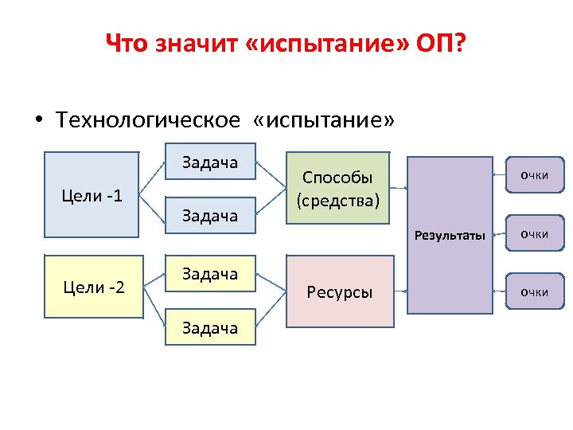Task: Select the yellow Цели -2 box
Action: coord(92,287)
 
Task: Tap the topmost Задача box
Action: coord(210,163)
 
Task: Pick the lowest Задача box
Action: coord(210,327)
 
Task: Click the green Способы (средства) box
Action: coord(338,189)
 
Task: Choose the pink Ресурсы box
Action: coord(340,291)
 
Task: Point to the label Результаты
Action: coord(450,234)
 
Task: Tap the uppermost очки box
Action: coord(534,175)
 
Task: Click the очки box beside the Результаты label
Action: coord(534,234)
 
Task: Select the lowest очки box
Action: coord(534,292)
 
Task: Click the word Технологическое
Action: coord(147,120)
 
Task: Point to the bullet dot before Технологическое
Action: coord(37,121)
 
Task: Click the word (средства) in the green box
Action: coord(338,200)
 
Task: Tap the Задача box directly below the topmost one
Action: coord(210,215)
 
